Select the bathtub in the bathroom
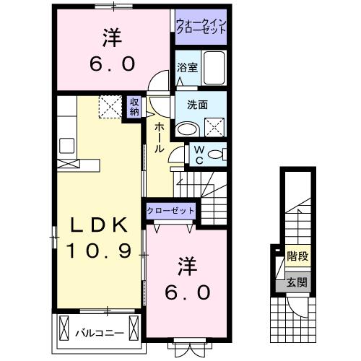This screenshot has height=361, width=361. click(x=214, y=68)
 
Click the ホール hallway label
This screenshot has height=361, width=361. click(x=157, y=135)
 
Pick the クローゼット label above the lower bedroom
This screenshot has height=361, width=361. click(x=170, y=210)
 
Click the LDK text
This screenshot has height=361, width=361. click(x=100, y=226)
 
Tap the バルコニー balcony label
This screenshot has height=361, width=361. click(x=100, y=333)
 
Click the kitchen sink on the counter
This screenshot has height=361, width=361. click(x=67, y=145)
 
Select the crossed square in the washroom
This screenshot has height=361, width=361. click(x=214, y=127)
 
